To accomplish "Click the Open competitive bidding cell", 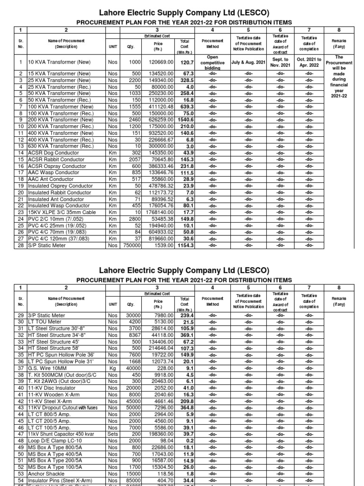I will coord(212,62).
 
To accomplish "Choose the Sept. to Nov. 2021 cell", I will coord(280,62).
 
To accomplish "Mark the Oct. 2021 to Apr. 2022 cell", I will coord(309,62).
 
